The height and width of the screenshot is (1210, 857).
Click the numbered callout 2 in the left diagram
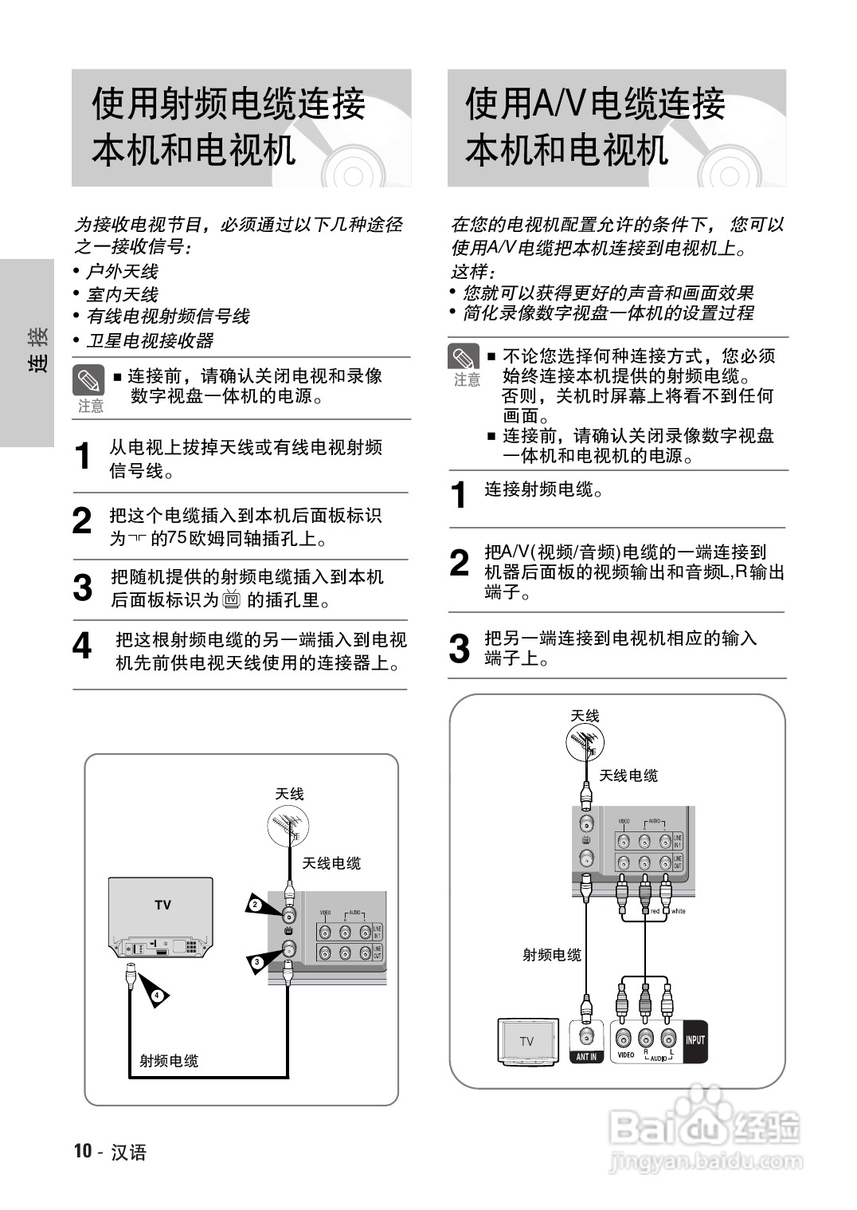[255, 905]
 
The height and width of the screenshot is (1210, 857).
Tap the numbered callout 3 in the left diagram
[256, 963]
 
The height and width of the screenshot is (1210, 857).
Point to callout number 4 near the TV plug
[157, 996]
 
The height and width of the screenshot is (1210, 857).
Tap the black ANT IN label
[586, 1057]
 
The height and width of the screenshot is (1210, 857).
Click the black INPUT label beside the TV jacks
[695, 1040]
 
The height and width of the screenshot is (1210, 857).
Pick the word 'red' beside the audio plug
[655, 911]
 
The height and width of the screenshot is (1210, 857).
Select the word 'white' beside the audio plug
[678, 911]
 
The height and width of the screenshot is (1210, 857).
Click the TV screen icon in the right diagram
[526, 1041]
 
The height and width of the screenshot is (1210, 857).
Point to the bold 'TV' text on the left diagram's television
[162, 905]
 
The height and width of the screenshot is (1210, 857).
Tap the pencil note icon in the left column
[88, 380]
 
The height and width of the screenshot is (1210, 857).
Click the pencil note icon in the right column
[464, 358]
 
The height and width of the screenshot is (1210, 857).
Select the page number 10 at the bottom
[83, 1151]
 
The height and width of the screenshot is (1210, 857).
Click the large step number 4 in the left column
[82, 646]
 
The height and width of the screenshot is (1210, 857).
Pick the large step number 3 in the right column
[460, 648]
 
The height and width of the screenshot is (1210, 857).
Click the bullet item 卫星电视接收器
[150, 341]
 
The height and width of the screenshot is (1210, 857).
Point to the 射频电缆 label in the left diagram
[169, 1061]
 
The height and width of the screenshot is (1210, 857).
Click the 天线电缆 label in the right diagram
[628, 776]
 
